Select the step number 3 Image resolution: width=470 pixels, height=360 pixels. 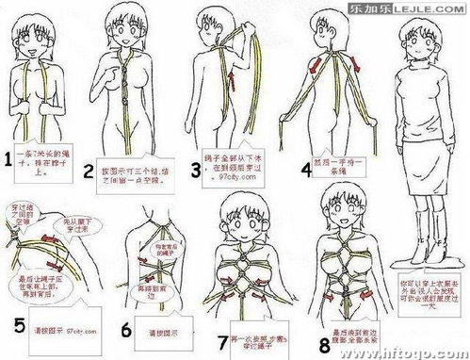click(196, 171)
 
